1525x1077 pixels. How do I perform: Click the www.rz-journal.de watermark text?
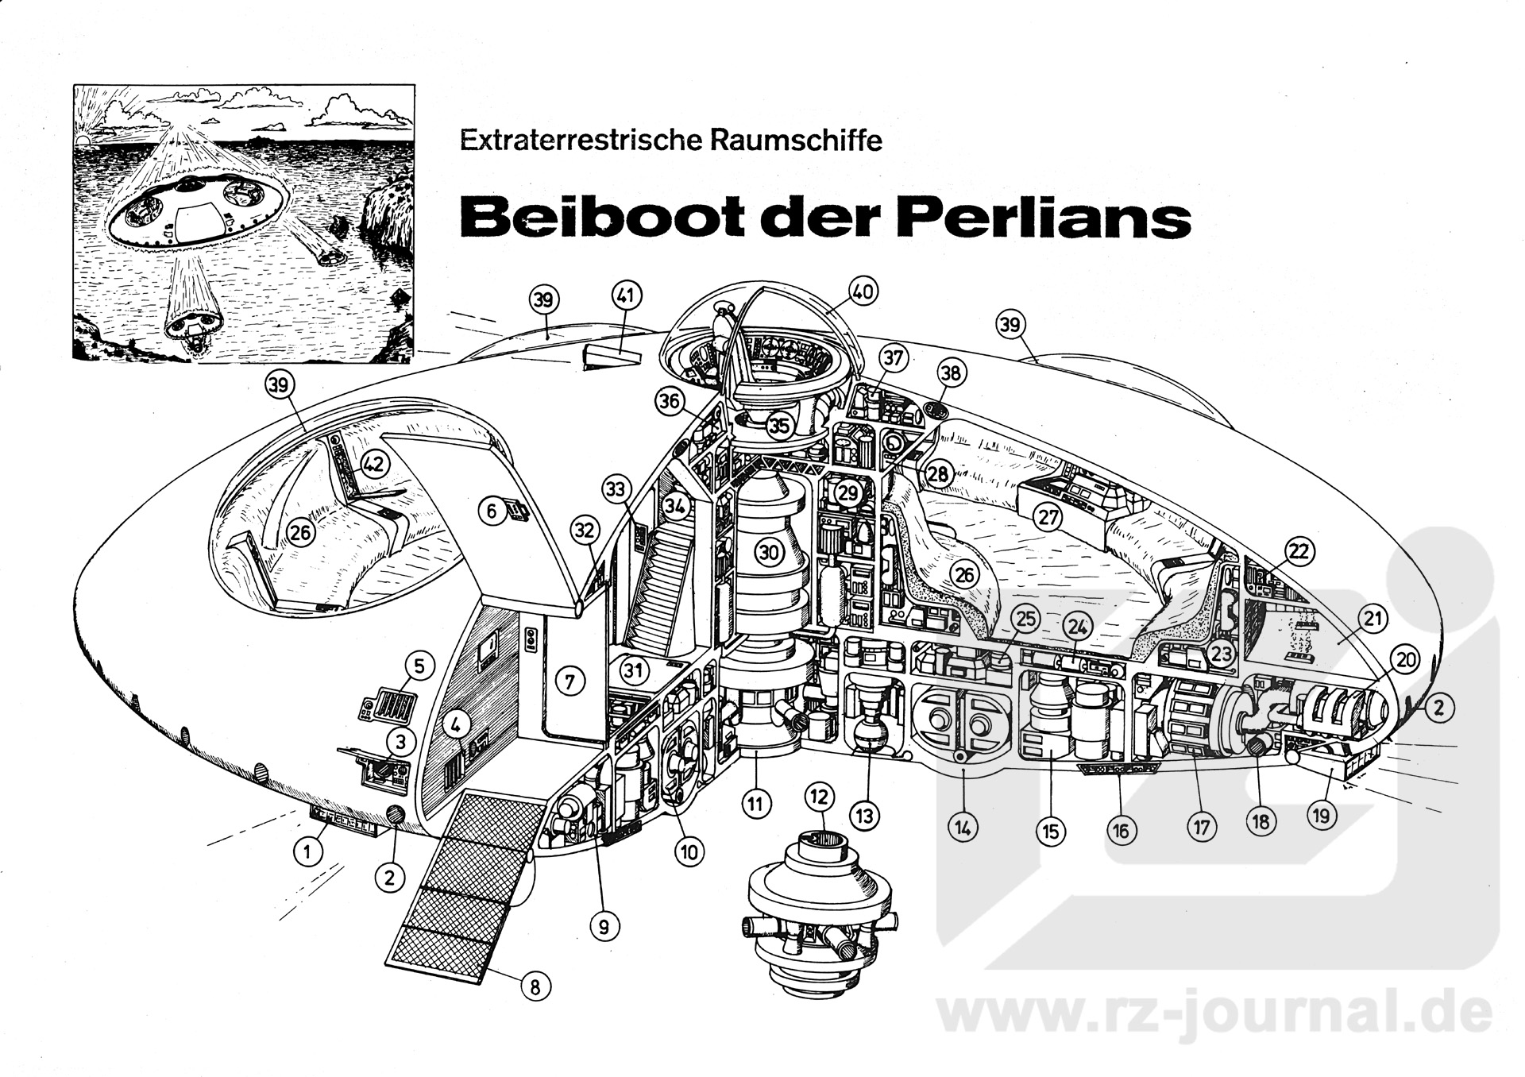click(x=1215, y=1013)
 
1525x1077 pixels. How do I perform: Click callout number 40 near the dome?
click(x=863, y=292)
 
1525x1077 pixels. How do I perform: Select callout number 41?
click(x=626, y=297)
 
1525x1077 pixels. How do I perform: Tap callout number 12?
click(x=820, y=796)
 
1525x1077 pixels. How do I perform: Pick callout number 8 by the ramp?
click(x=535, y=986)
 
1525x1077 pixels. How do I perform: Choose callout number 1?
click(x=307, y=852)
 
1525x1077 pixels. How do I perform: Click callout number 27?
click(x=1048, y=517)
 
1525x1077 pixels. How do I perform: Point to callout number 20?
click(x=1406, y=660)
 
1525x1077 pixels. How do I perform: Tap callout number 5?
click(x=420, y=664)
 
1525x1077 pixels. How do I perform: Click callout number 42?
click(x=374, y=465)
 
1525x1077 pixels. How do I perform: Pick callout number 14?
click(x=963, y=828)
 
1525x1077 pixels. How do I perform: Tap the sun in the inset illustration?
click(x=83, y=141)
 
